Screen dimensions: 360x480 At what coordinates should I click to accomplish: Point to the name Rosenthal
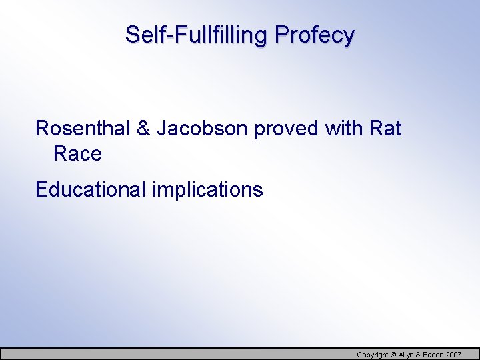tap(83, 128)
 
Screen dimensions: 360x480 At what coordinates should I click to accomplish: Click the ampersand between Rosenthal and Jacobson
tap(143, 128)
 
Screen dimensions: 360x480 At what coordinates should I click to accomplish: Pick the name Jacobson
tap(202, 128)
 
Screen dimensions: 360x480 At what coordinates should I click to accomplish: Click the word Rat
tap(386, 128)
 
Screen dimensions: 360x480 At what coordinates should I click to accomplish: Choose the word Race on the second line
tap(77, 154)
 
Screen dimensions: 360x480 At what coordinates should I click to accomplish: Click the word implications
tap(207, 191)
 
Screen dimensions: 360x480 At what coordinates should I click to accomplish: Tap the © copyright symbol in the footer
tap(393, 354)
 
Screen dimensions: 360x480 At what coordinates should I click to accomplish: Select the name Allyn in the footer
tap(406, 354)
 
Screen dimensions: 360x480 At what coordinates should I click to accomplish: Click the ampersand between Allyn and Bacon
tap(419, 354)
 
